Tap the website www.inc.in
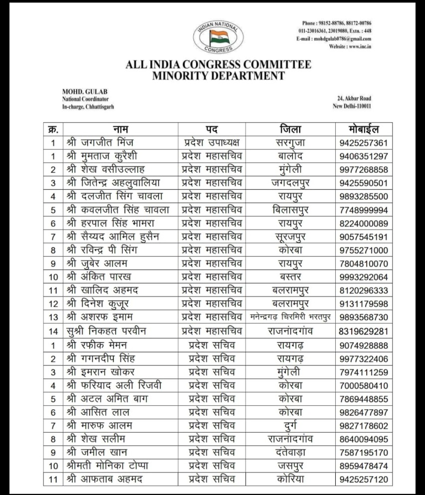point(350,46)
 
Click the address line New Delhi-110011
point(352,106)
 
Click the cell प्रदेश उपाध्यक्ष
point(212,143)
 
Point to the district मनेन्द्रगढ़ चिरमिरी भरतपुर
point(291,317)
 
